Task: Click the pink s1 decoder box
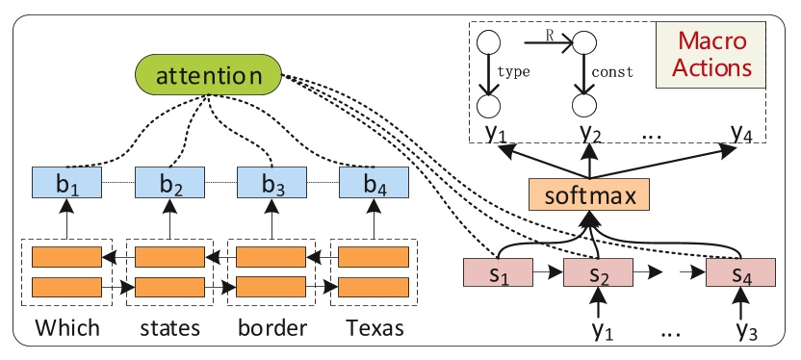pos(499,274)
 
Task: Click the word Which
pos(66,328)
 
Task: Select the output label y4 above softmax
pos(739,132)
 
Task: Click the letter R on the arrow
pos(547,36)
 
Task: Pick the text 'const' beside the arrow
pos(612,70)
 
